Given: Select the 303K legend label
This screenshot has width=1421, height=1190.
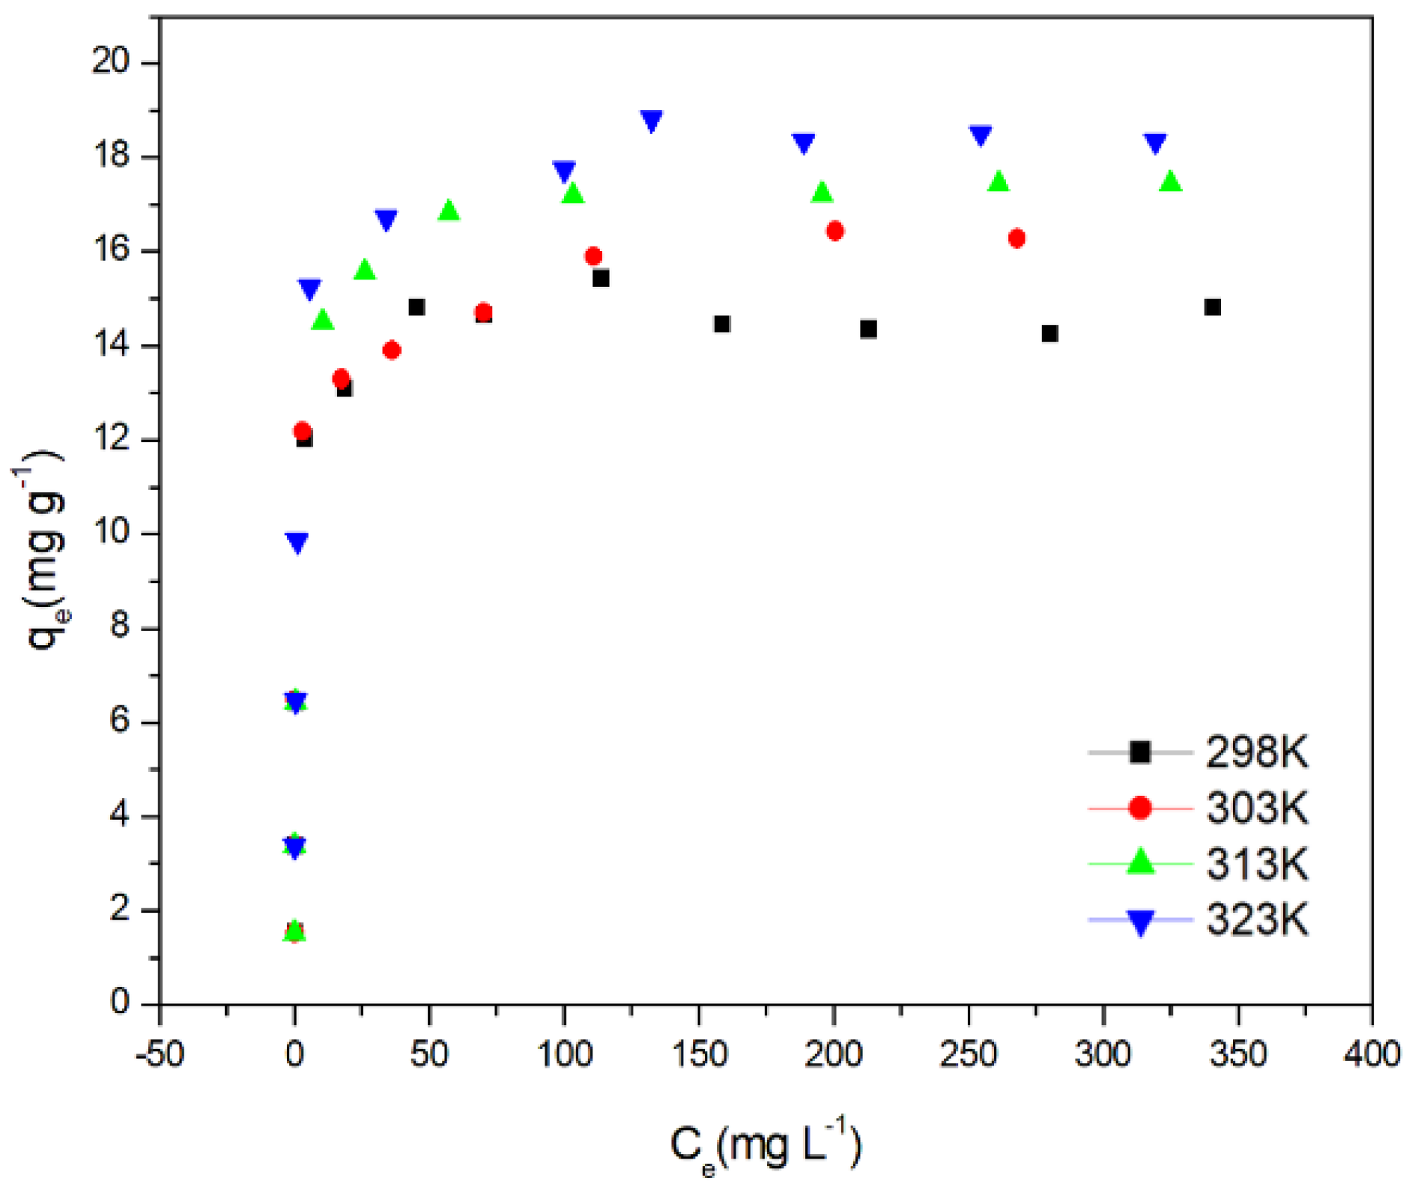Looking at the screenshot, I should [1256, 808].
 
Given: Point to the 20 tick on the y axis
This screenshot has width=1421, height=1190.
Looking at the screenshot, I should [115, 62].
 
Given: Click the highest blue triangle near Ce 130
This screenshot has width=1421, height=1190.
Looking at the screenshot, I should [652, 121].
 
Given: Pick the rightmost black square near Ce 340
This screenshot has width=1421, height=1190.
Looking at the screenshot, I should [1212, 307].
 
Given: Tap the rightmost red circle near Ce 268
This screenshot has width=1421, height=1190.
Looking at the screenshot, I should [1016, 238].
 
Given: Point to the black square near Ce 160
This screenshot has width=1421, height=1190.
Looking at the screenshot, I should [722, 324].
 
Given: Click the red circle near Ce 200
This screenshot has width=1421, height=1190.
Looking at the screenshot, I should [835, 231].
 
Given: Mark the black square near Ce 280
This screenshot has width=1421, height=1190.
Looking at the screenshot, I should [1050, 333].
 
